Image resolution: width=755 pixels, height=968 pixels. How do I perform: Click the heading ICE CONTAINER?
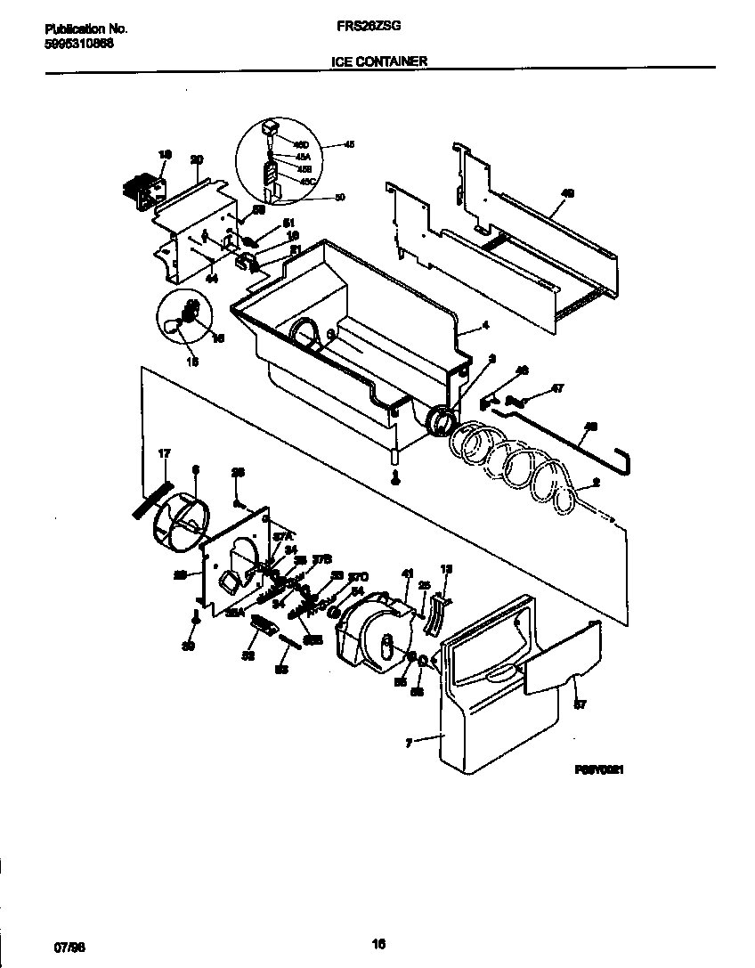click(378, 61)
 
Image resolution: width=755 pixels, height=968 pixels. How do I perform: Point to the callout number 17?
click(164, 453)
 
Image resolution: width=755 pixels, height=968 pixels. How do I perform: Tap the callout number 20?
click(197, 159)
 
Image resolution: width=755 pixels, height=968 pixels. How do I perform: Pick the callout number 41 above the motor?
click(409, 574)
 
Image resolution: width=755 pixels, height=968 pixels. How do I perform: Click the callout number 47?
click(558, 388)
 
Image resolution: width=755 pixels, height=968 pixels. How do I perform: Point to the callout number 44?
click(212, 279)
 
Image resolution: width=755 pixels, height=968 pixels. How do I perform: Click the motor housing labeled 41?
click(374, 635)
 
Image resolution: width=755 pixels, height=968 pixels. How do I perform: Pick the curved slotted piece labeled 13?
click(434, 614)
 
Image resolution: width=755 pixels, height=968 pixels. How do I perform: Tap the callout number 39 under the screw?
click(188, 647)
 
